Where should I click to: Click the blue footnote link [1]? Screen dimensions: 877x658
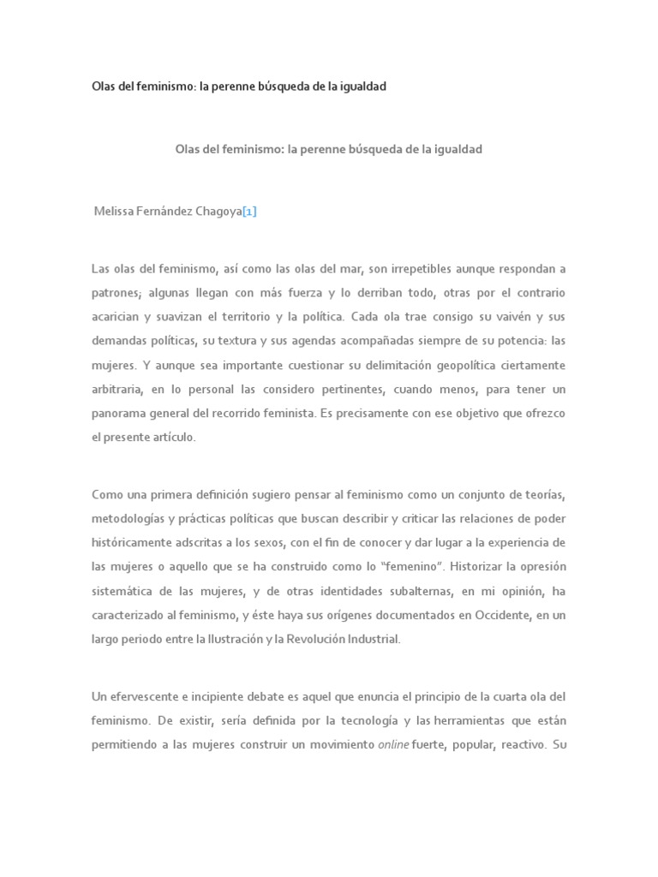(249, 212)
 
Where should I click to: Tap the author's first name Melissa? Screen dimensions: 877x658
(116, 212)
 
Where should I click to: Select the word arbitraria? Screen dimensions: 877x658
(117, 389)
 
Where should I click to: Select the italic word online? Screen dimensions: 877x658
(393, 744)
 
